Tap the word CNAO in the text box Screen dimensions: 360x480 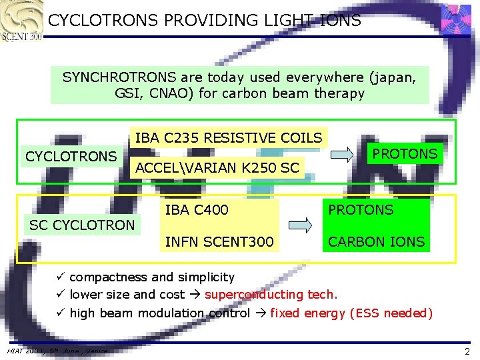[x=167, y=93]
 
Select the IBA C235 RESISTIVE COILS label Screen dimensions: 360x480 [x=229, y=138]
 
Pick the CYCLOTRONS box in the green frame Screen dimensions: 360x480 [x=71, y=157]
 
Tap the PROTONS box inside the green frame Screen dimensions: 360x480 [x=405, y=154]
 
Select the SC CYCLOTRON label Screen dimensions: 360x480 [x=82, y=225]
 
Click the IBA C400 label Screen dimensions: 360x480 [x=197, y=210]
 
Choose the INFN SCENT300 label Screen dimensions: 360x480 [x=219, y=241]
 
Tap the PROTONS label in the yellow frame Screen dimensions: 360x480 [x=360, y=210]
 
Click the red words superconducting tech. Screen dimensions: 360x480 [x=271, y=295]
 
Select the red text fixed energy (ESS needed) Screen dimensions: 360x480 [x=351, y=313]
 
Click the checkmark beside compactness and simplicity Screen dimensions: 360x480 [x=60, y=277]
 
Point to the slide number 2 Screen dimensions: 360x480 [x=467, y=351]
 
